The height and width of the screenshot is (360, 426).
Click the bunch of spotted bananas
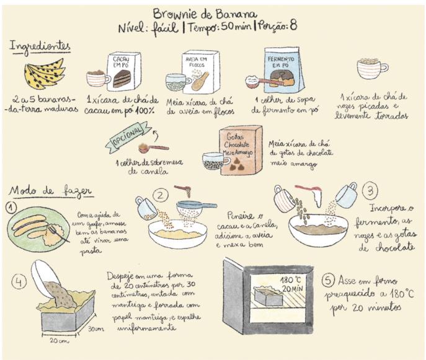pyautogui.click(x=45, y=74)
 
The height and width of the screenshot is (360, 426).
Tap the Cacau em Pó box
pyautogui.click(x=123, y=72)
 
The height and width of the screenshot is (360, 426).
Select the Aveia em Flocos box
pyautogui.click(x=200, y=72)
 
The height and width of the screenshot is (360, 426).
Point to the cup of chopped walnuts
pyautogui.click(x=371, y=68)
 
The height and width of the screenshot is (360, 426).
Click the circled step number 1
pyautogui.click(x=11, y=208)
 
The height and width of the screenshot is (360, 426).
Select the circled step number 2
pyautogui.click(x=161, y=195)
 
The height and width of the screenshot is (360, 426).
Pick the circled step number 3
pyautogui.click(x=371, y=191)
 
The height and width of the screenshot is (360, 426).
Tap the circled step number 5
pyautogui.click(x=328, y=281)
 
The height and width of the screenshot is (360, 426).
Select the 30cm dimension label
pyautogui.click(x=95, y=329)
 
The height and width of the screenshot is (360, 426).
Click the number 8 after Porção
pyautogui.click(x=293, y=25)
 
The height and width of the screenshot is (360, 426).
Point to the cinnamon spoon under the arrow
pyautogui.click(x=154, y=148)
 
